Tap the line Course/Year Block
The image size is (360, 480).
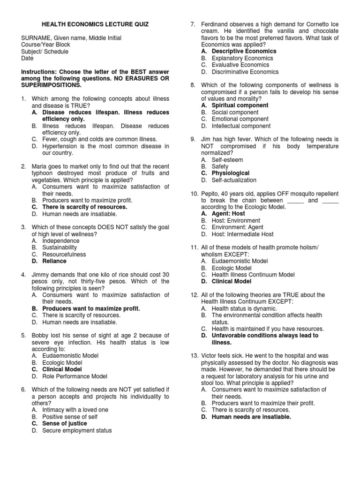[47, 45]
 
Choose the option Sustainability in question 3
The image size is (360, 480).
[60, 247]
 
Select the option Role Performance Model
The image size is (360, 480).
[75, 376]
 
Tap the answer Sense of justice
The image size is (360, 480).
[64, 424]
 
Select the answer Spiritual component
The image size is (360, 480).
[240, 105]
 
